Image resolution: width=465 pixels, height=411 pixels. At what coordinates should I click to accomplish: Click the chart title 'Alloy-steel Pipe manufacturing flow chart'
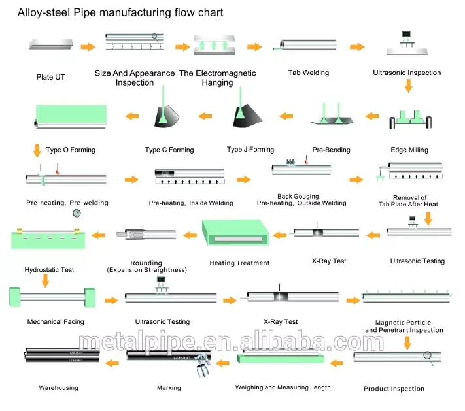click(120, 12)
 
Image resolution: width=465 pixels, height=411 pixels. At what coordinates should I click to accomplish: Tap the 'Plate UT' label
click(51, 78)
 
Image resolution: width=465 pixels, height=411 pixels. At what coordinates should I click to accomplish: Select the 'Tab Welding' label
click(308, 73)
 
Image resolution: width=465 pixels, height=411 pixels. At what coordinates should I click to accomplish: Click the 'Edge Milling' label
click(409, 150)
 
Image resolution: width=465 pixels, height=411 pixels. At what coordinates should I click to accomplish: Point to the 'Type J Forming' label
click(250, 150)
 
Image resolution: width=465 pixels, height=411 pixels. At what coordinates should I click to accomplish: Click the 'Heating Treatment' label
click(239, 263)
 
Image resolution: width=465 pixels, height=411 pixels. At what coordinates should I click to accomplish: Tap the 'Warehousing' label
click(58, 387)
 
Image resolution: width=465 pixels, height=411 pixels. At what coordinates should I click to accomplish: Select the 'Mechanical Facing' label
click(56, 321)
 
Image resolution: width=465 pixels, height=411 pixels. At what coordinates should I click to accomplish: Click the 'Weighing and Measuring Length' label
click(283, 387)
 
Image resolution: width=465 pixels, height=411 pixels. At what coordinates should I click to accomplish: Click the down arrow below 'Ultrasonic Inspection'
click(408, 86)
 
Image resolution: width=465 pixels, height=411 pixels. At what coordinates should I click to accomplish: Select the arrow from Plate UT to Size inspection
click(88, 47)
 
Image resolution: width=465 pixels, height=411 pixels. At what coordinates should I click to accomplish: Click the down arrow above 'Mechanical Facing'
click(45, 280)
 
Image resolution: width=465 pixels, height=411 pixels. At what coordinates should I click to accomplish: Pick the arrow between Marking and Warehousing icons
click(113, 360)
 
